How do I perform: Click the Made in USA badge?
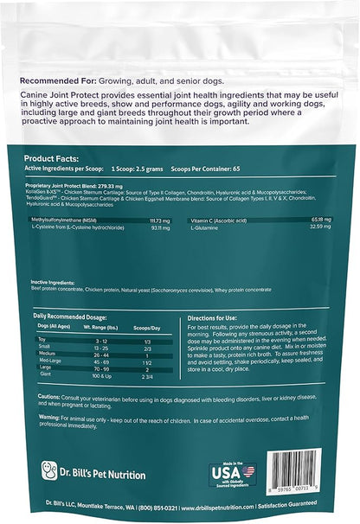tap(234, 476)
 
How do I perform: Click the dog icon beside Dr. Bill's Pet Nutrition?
tap(49, 472)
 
